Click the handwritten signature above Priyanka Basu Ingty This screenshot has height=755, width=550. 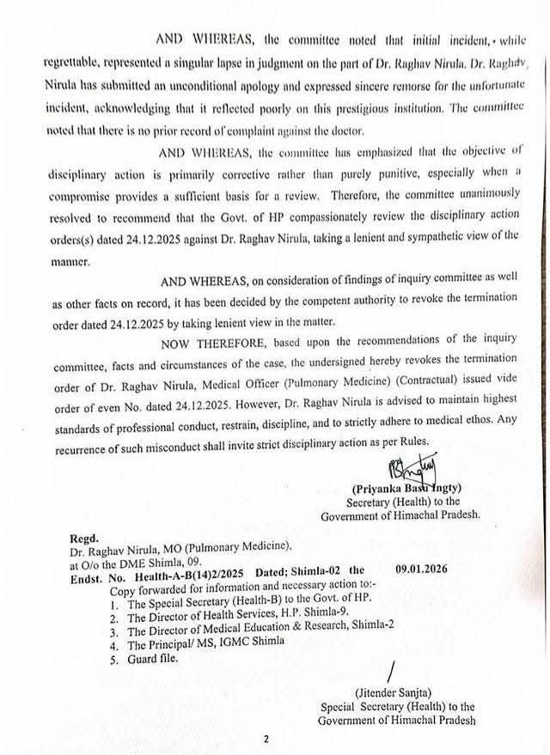pyautogui.click(x=397, y=468)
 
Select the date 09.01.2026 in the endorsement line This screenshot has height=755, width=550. pyautogui.click(x=424, y=568)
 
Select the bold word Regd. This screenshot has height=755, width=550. pyautogui.click(x=85, y=533)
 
